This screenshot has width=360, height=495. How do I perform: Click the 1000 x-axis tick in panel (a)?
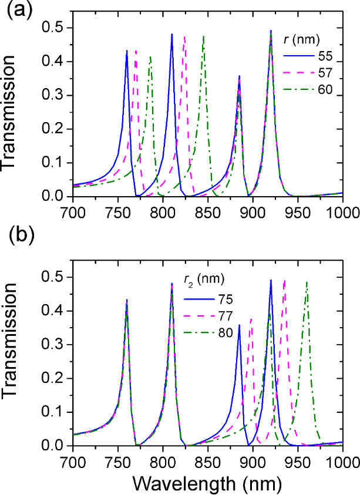pyautogui.click(x=341, y=208)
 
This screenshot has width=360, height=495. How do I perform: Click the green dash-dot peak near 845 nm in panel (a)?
pyautogui.click(x=203, y=36)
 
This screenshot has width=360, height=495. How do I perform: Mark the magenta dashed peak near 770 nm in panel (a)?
pyautogui.click(x=136, y=51)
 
